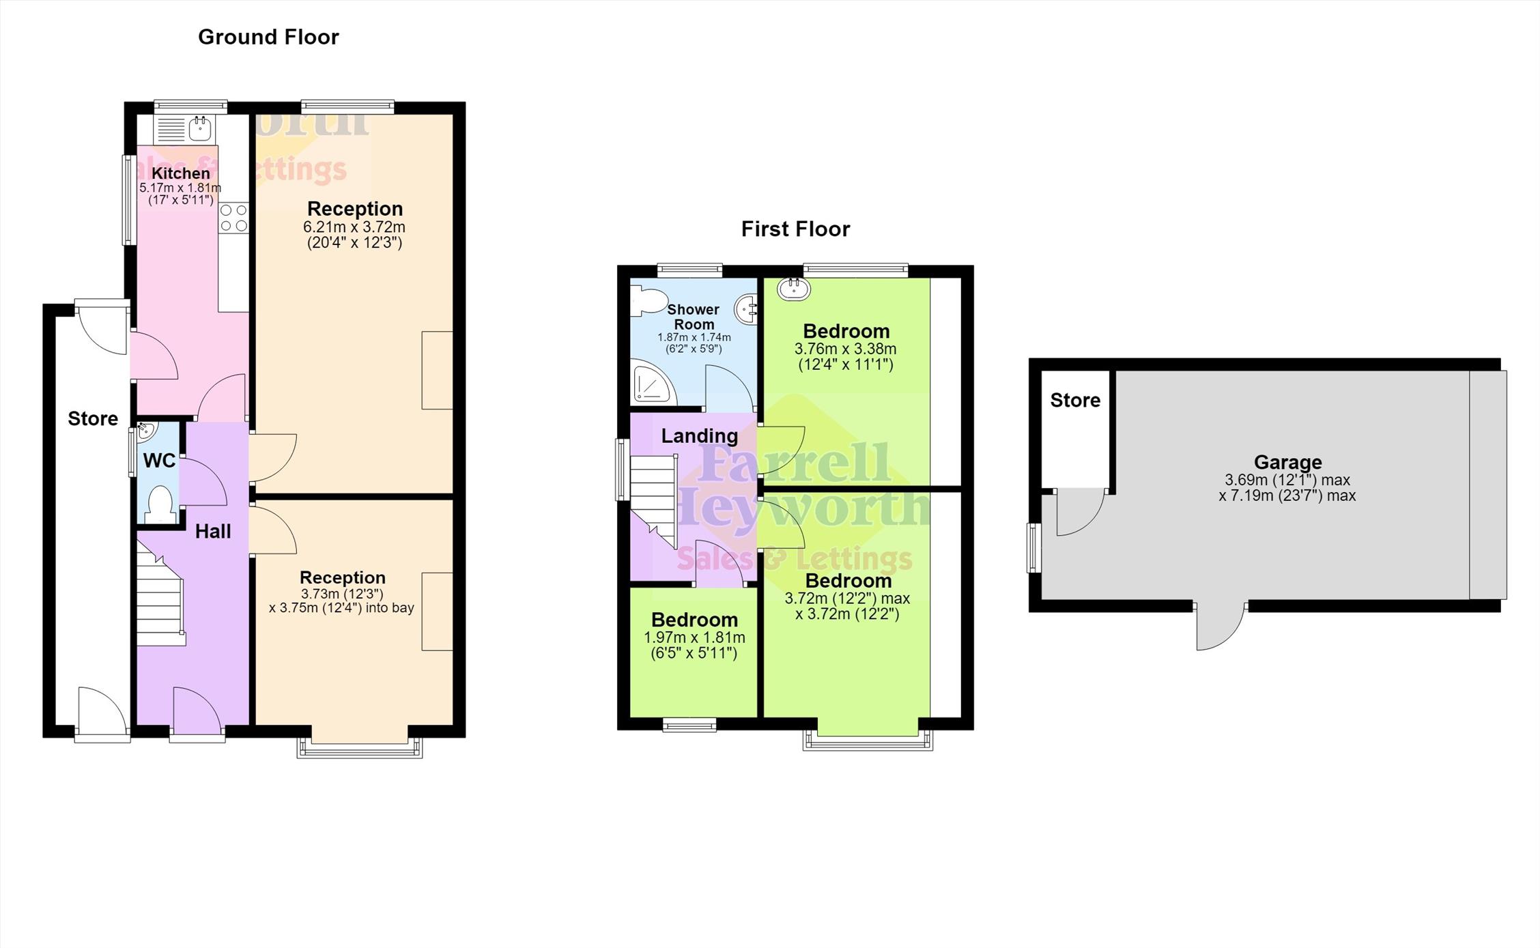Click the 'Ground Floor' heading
pyautogui.click(x=268, y=37)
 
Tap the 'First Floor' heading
pyautogui.click(x=795, y=229)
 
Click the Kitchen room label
pyautogui.click(x=180, y=173)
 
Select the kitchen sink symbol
pyautogui.click(x=199, y=128)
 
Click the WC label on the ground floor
pyautogui.click(x=160, y=461)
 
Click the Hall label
pyautogui.click(x=213, y=532)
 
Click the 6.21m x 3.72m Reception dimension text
pyautogui.click(x=354, y=234)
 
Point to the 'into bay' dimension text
pyautogui.click(x=341, y=601)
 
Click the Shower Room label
pyautogui.click(x=694, y=317)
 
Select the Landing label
pyautogui.click(x=700, y=435)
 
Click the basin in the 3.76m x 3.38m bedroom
pyautogui.click(x=793, y=289)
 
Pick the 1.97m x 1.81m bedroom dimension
pyautogui.click(x=694, y=645)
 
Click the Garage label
pyautogui.click(x=1287, y=462)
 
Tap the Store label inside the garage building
pyautogui.click(x=1075, y=400)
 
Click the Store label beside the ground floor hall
pyautogui.click(x=93, y=418)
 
